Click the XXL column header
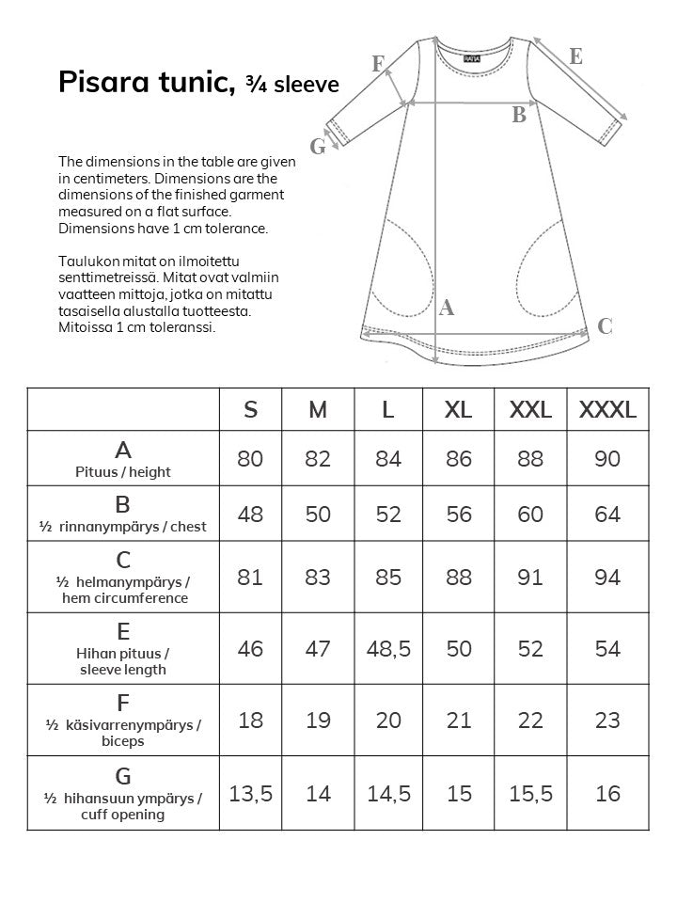[530, 409]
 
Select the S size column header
[251, 409]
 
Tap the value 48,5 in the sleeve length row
[389, 649]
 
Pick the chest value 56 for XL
[459, 514]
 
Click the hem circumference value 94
[607, 577]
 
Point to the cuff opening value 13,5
[251, 794]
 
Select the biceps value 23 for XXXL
[607, 721]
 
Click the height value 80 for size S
[251, 459]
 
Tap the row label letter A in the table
[123, 450]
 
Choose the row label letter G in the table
[123, 776]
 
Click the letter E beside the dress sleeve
[576, 56]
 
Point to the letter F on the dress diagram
[378, 64]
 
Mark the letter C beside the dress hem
[606, 326]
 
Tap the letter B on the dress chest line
[518, 116]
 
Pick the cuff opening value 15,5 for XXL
[530, 794]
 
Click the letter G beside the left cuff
[318, 146]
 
